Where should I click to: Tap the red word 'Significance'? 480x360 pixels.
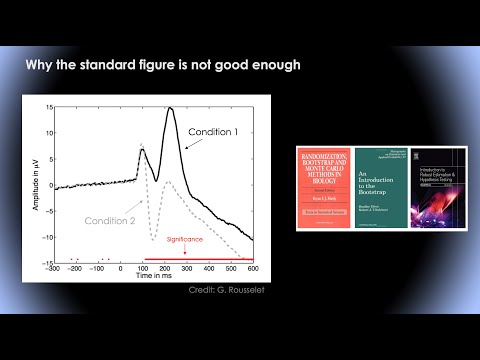point(187,240)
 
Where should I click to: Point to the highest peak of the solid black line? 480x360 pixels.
point(171,108)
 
